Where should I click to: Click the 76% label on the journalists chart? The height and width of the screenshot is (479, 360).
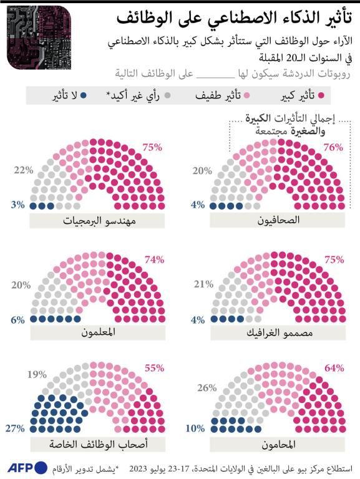coord(334,148)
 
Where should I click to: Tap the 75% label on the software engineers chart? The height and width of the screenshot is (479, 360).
coord(152,148)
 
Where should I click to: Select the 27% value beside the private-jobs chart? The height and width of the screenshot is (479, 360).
coord(14,428)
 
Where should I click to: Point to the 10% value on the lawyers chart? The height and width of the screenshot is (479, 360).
coord(197,428)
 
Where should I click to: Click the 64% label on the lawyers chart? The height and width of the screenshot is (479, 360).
coord(334,368)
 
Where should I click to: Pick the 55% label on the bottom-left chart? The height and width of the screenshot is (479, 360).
coord(152,368)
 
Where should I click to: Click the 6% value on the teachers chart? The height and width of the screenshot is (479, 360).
coord(17,320)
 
